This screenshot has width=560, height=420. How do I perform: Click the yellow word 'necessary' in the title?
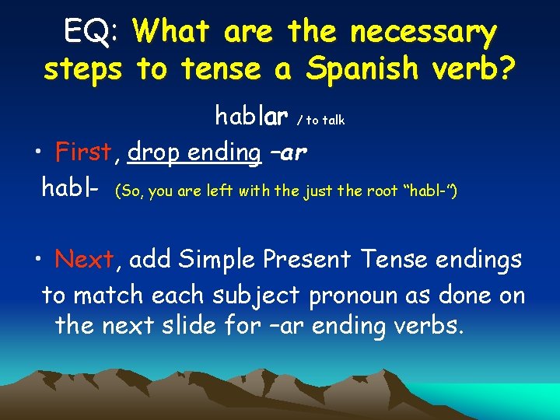point(423,33)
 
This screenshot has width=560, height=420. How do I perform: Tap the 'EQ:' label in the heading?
point(90,33)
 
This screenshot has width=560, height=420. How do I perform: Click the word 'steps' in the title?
point(82,70)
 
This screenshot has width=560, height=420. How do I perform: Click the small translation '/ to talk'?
point(320,120)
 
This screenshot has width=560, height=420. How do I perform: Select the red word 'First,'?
point(84,152)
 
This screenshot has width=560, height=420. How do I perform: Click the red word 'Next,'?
point(85,260)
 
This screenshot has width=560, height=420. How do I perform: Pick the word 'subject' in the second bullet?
point(260,296)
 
